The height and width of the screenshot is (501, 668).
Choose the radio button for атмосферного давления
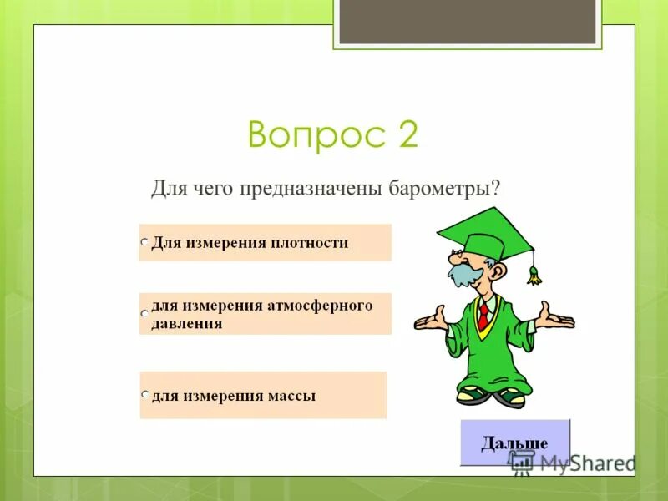[144, 313]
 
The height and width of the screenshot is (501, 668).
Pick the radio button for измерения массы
[144, 394]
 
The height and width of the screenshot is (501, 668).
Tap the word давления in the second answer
[186, 323]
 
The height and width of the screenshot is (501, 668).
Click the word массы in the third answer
[292, 396]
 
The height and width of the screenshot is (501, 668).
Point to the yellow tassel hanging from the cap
[534, 274]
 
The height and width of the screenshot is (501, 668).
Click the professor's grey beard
[461, 274]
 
